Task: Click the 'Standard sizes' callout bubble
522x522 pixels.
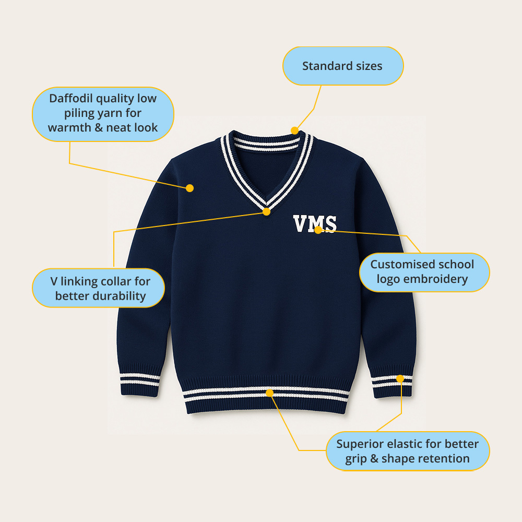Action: click(x=342, y=66)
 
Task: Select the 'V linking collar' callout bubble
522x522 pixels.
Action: click(x=99, y=288)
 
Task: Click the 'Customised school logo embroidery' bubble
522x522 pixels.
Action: click(x=424, y=271)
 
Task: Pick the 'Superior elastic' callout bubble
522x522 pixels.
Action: click(x=408, y=451)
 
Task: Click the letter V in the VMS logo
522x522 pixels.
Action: click(x=301, y=224)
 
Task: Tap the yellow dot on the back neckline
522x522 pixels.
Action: click(x=295, y=130)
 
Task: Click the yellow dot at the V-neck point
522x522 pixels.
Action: click(x=267, y=211)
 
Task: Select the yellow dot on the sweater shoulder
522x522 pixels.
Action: click(x=190, y=188)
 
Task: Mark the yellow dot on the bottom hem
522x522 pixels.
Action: click(x=269, y=392)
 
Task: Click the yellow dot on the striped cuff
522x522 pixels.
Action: click(x=400, y=378)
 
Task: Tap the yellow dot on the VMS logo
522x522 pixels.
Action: click(x=318, y=230)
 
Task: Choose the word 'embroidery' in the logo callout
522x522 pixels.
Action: click(x=436, y=279)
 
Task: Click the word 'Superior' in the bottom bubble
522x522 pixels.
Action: click(x=359, y=444)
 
